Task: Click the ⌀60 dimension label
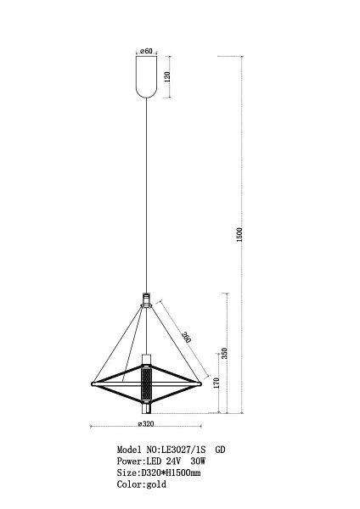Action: [146, 51]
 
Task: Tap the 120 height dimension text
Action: [167, 76]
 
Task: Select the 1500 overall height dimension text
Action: [239, 234]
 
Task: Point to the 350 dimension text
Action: [224, 354]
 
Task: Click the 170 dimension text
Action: [217, 383]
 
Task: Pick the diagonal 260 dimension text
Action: [187, 338]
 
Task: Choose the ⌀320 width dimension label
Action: [146, 423]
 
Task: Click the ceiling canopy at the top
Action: [147, 76]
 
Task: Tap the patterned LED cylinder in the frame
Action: [147, 384]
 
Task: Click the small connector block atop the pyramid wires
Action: [147, 300]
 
